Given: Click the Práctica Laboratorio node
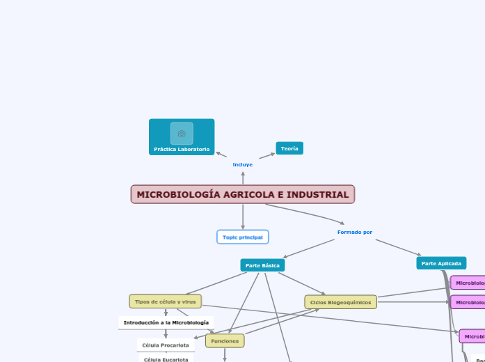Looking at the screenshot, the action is [182, 149].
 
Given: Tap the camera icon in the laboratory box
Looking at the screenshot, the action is [182, 133].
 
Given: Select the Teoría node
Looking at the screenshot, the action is [289, 148].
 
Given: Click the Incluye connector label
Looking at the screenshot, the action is [243, 164].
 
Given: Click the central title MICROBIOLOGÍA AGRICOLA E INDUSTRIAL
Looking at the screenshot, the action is [243, 194].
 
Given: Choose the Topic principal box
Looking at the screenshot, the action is [243, 237].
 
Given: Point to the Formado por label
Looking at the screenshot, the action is [355, 232].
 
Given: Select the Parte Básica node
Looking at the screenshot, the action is [262, 265].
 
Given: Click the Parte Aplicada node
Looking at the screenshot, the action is [441, 263].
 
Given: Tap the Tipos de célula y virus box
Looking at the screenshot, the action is [166, 301].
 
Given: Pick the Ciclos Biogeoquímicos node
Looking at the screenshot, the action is [340, 302].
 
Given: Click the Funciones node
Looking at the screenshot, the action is [225, 341].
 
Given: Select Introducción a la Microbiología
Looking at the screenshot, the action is [166, 323].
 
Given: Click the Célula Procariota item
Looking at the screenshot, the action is [166, 345].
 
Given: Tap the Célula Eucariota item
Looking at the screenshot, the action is [166, 359].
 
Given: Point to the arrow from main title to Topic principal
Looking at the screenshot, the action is [243, 217].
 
